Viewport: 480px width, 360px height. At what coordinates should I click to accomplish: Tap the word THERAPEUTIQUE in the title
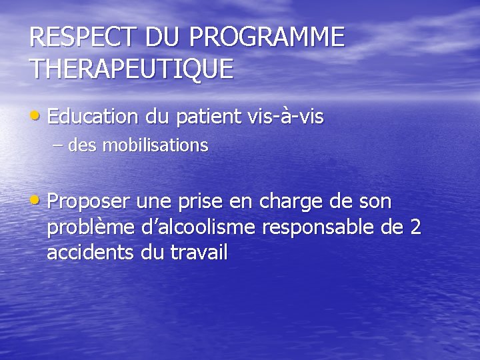(131, 69)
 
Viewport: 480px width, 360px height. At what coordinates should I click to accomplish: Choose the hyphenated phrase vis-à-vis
(285, 117)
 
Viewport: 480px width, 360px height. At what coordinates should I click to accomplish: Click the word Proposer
(90, 201)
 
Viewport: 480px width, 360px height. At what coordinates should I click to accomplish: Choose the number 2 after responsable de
(415, 227)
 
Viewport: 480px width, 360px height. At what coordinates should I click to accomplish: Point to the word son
(375, 201)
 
